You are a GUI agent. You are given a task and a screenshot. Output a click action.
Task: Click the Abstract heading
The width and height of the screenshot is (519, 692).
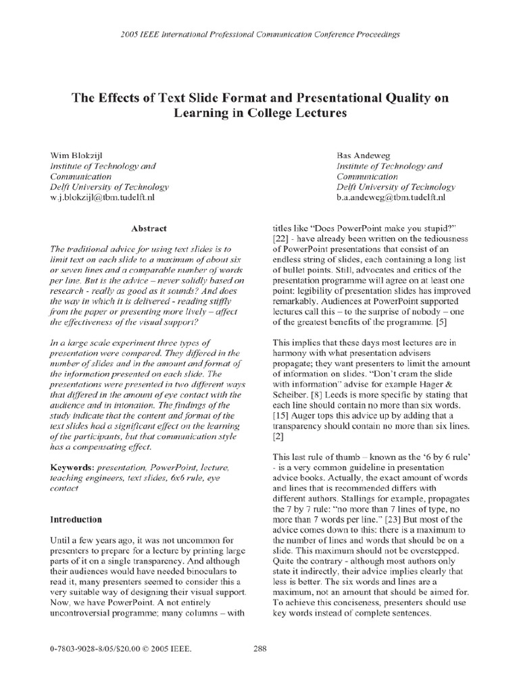click(149, 229)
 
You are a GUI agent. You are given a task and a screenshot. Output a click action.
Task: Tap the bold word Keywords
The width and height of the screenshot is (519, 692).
click(73, 468)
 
